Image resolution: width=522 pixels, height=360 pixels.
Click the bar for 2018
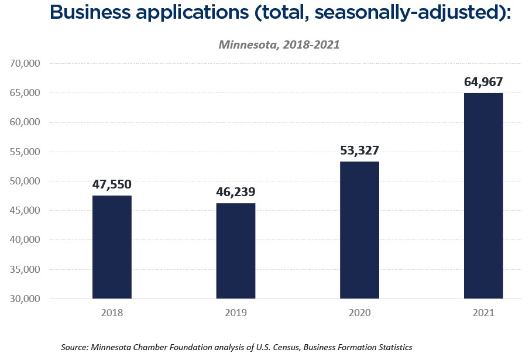(x=112, y=247)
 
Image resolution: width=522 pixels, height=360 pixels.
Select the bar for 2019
(x=236, y=251)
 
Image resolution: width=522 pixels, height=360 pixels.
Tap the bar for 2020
(x=359, y=230)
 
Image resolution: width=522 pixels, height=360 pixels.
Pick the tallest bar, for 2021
(x=483, y=196)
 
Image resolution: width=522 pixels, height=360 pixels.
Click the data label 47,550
(x=112, y=184)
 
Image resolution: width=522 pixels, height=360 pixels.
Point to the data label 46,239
(x=236, y=192)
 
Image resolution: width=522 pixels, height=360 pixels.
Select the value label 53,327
(x=359, y=150)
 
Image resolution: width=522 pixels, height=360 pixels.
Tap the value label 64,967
(x=483, y=82)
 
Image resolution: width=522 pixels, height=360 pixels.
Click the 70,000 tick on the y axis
(x=25, y=63)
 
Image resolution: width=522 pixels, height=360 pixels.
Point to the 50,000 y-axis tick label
(x=25, y=181)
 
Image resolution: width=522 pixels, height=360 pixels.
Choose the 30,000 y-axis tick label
(x=25, y=299)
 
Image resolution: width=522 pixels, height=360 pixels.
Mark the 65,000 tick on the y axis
(x=25, y=92)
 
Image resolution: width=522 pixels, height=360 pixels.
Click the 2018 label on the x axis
(x=112, y=313)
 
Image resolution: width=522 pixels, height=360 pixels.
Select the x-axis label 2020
(x=359, y=313)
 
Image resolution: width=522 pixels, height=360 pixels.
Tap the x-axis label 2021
(x=483, y=313)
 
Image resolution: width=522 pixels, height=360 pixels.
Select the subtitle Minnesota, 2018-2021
(x=279, y=44)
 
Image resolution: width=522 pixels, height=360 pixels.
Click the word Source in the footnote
(x=74, y=347)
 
